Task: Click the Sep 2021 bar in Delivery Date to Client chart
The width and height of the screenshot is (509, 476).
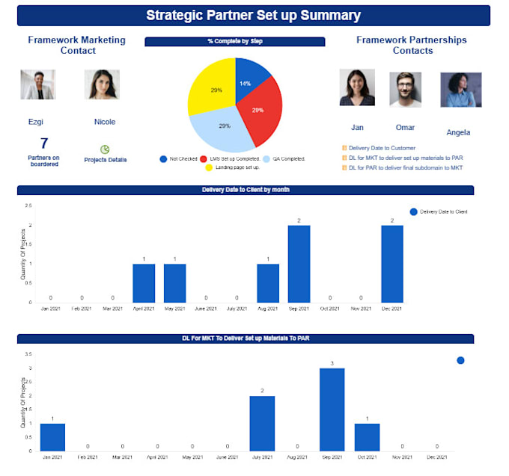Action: pyautogui.click(x=299, y=264)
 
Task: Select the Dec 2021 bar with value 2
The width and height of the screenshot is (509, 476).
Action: pyautogui.click(x=391, y=264)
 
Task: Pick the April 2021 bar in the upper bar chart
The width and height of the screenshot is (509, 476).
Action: pyautogui.click(x=144, y=283)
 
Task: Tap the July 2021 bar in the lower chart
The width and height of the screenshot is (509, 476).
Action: pyautogui.click(x=262, y=423)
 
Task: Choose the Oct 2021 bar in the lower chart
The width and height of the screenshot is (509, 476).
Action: pyautogui.click(x=367, y=437)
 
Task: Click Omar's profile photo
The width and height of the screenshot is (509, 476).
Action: pyautogui.click(x=405, y=90)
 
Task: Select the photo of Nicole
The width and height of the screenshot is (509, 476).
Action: pyautogui.click(x=102, y=86)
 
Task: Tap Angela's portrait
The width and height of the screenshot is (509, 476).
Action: pyautogui.click(x=460, y=90)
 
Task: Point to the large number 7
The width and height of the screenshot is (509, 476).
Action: pyautogui.click(x=44, y=143)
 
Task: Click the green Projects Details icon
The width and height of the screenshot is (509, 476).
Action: pyautogui.click(x=105, y=149)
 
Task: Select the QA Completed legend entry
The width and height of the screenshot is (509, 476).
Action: pyautogui.click(x=281, y=158)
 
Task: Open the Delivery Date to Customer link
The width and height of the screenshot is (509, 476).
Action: pyautogui.click(x=382, y=148)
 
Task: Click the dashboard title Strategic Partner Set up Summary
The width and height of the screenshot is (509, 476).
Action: pyautogui.click(x=253, y=16)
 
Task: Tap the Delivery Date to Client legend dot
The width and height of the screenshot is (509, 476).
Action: pyautogui.click(x=413, y=212)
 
